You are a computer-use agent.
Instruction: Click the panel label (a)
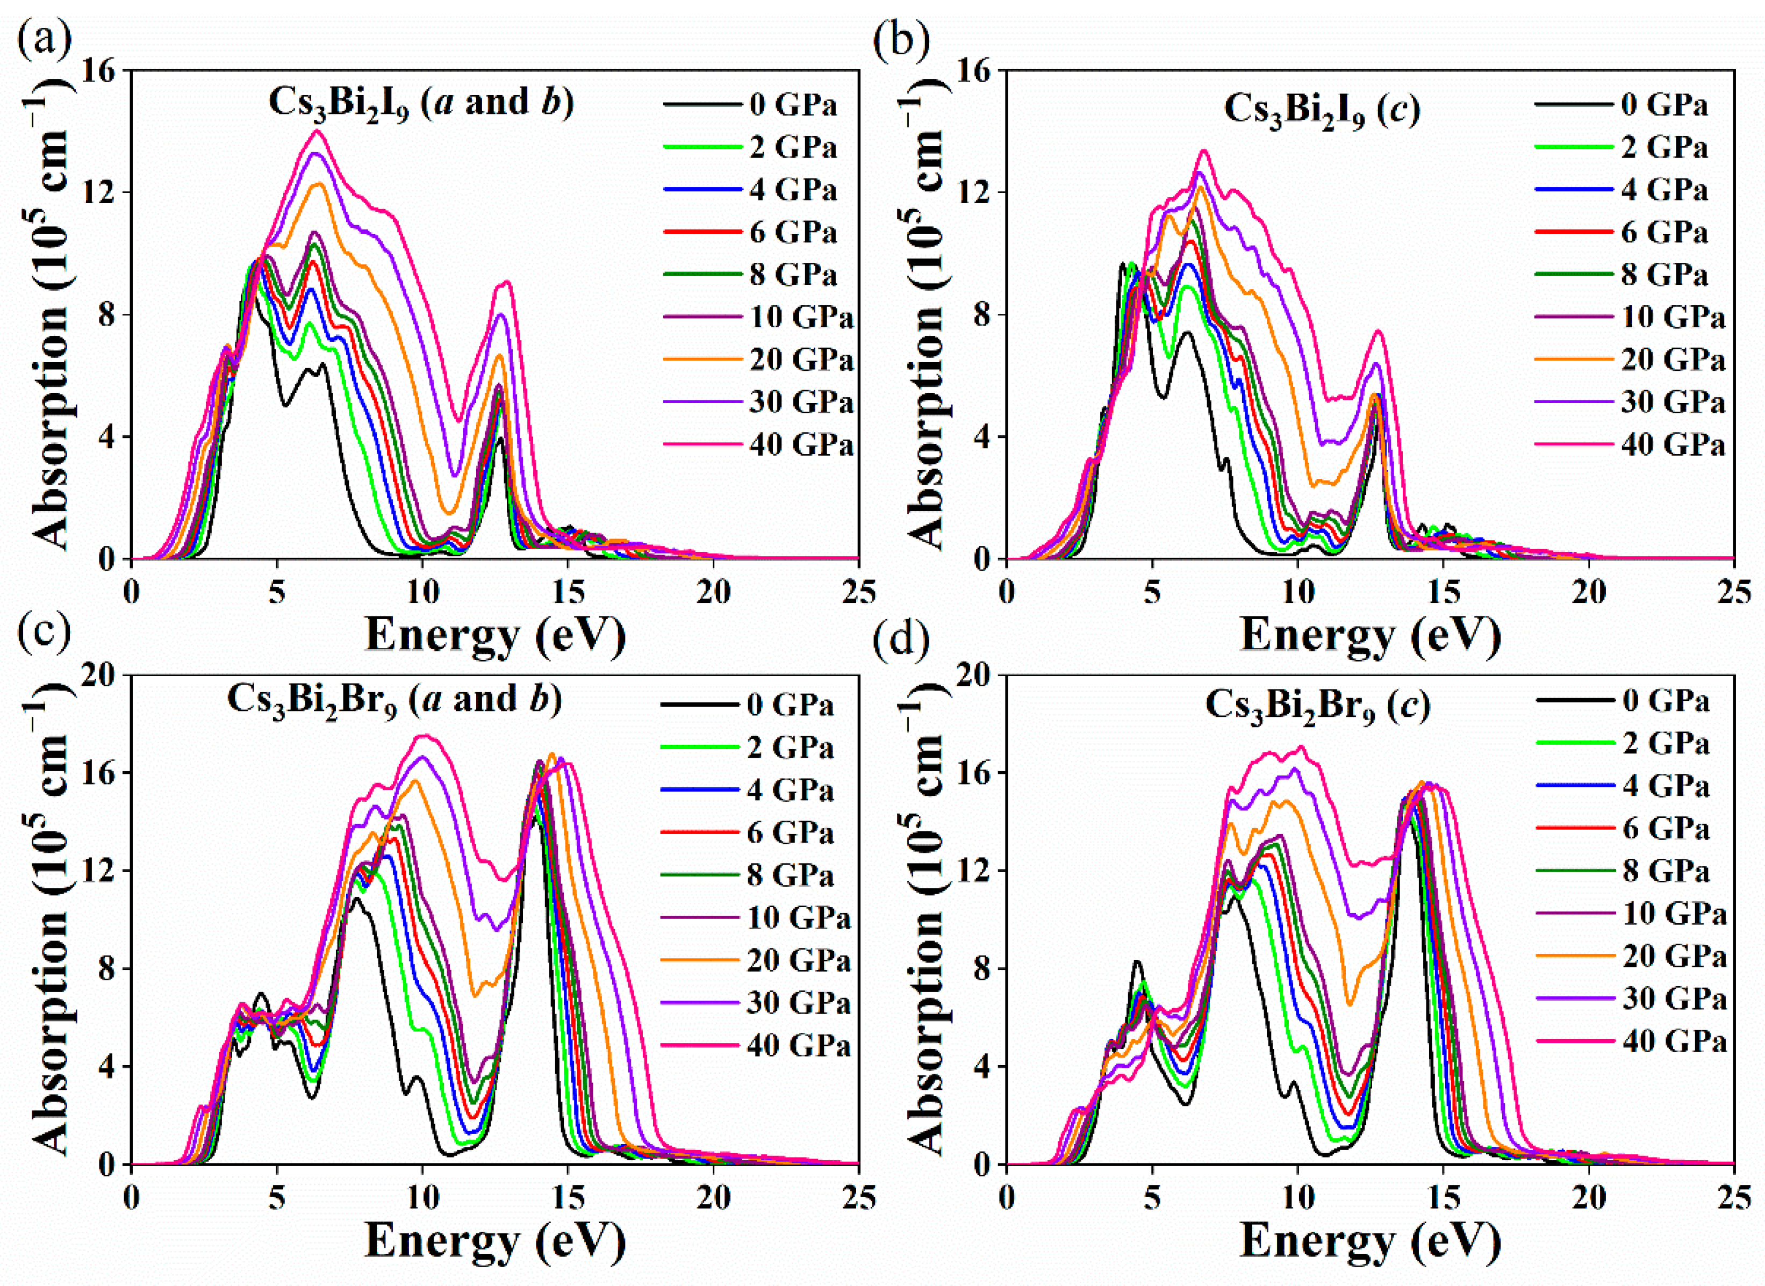coord(44,39)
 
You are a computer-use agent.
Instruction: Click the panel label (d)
coord(901,640)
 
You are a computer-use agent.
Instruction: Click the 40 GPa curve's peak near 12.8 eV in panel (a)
coord(507,282)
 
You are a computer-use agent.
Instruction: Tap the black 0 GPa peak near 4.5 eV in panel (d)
coord(1137,962)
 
